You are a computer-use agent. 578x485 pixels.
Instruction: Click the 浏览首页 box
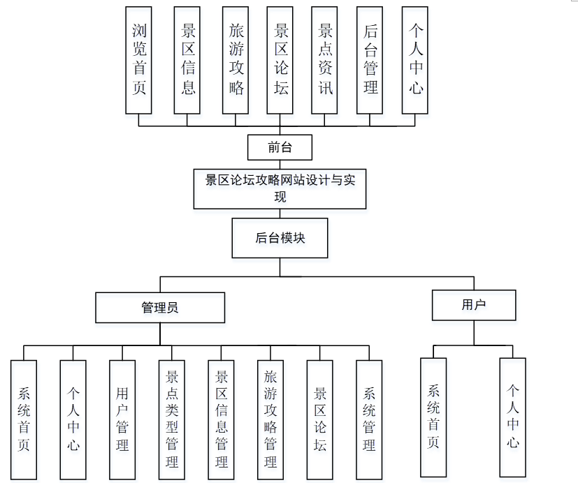pyautogui.click(x=139, y=60)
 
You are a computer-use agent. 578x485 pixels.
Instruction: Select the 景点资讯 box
pyautogui.click(x=325, y=60)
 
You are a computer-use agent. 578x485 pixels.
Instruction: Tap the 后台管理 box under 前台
pyautogui.click(x=370, y=60)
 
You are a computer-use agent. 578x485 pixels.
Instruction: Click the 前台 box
pyautogui.click(x=280, y=147)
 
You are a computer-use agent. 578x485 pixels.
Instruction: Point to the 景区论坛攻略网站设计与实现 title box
pyautogui.click(x=280, y=188)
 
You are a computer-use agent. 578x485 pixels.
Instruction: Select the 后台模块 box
pyautogui.click(x=280, y=238)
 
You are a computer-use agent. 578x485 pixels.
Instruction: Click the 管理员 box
pyautogui.click(x=160, y=307)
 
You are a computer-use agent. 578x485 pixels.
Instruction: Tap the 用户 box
pyautogui.click(x=474, y=305)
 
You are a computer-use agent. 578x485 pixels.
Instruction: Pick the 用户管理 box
pyautogui.click(x=122, y=419)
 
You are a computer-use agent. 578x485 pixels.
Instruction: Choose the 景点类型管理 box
pyautogui.click(x=171, y=419)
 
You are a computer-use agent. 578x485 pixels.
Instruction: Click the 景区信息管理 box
pyautogui.click(x=221, y=419)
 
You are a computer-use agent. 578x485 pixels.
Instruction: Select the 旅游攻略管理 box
pyautogui.click(x=270, y=419)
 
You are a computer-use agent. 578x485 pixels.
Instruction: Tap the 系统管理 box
pyautogui.click(x=369, y=419)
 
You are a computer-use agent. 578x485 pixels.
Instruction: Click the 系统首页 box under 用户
pyautogui.click(x=433, y=417)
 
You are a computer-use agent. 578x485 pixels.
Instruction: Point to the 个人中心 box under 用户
pyautogui.click(x=513, y=417)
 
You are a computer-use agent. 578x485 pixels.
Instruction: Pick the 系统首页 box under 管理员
pyautogui.click(x=24, y=419)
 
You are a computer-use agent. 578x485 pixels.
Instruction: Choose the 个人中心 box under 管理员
pyautogui.click(x=73, y=419)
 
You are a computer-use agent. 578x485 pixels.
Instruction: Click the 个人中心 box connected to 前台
pyautogui.click(x=416, y=60)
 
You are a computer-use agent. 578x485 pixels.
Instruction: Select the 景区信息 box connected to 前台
pyautogui.click(x=187, y=60)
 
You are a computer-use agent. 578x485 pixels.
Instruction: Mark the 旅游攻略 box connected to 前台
pyautogui.click(x=236, y=60)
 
